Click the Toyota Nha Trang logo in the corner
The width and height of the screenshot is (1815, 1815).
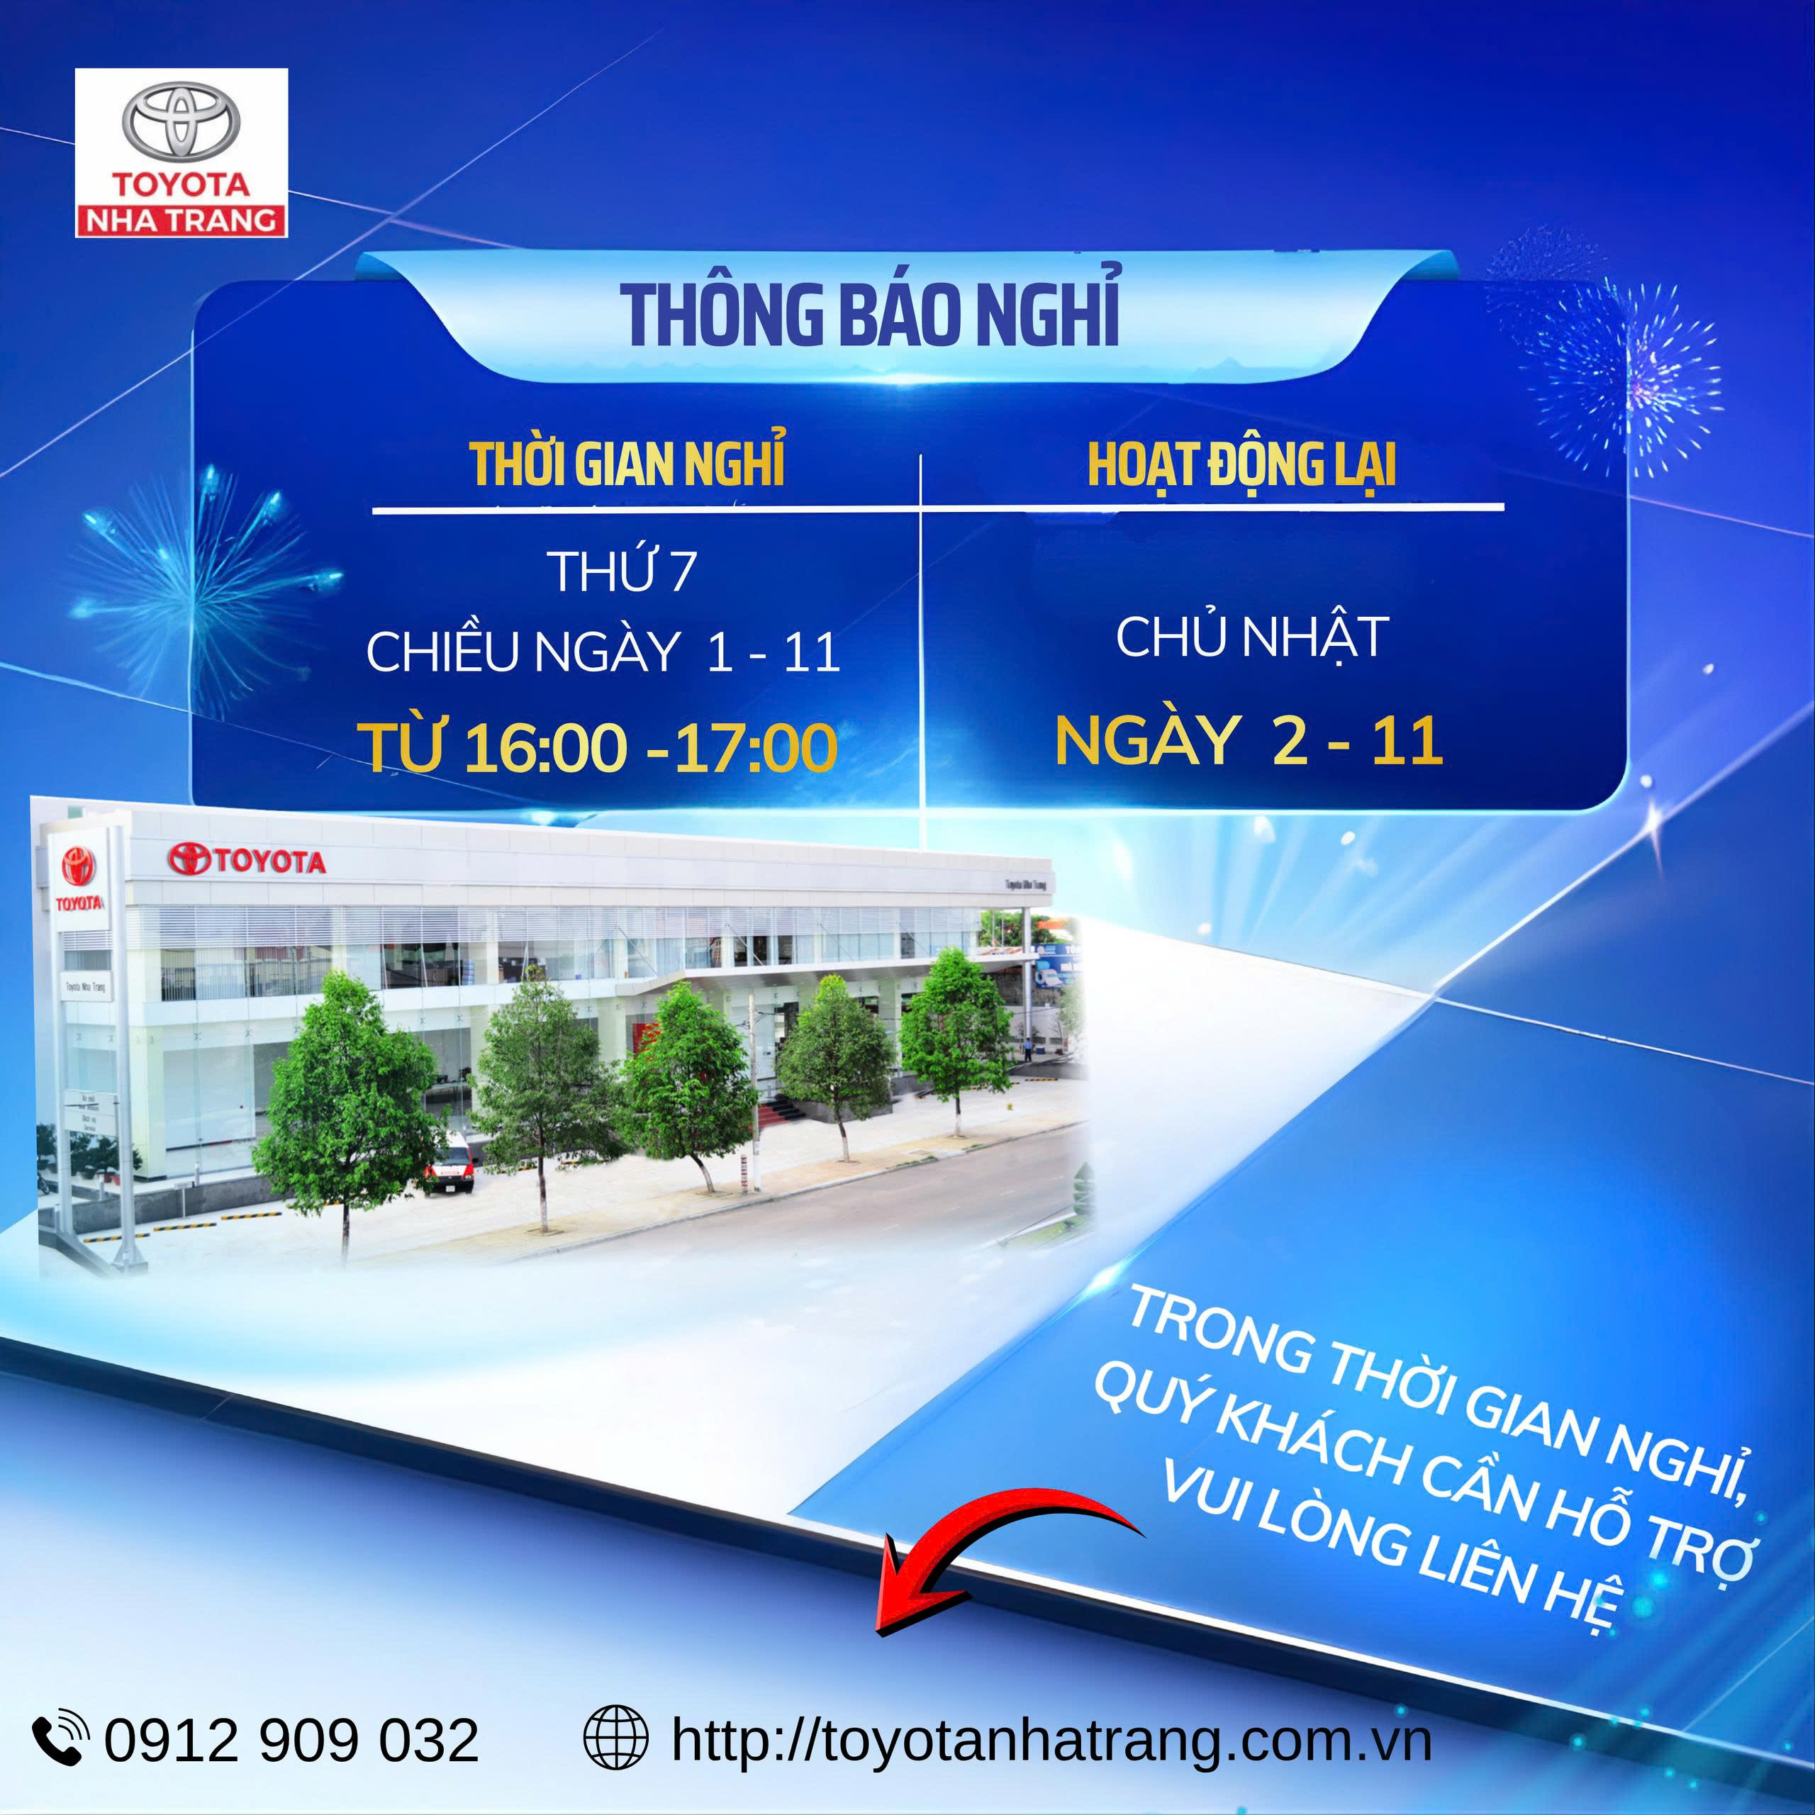[x=181, y=152]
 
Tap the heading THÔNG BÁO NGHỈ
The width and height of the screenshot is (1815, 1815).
[x=869, y=315]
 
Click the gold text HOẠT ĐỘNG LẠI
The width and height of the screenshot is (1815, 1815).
[x=1241, y=464]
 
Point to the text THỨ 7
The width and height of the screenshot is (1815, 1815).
[x=622, y=571]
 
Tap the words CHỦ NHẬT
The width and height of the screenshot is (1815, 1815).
[x=1251, y=638]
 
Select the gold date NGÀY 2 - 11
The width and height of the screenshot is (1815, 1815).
[x=1249, y=741]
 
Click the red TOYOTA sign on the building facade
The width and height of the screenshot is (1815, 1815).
[x=247, y=859]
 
